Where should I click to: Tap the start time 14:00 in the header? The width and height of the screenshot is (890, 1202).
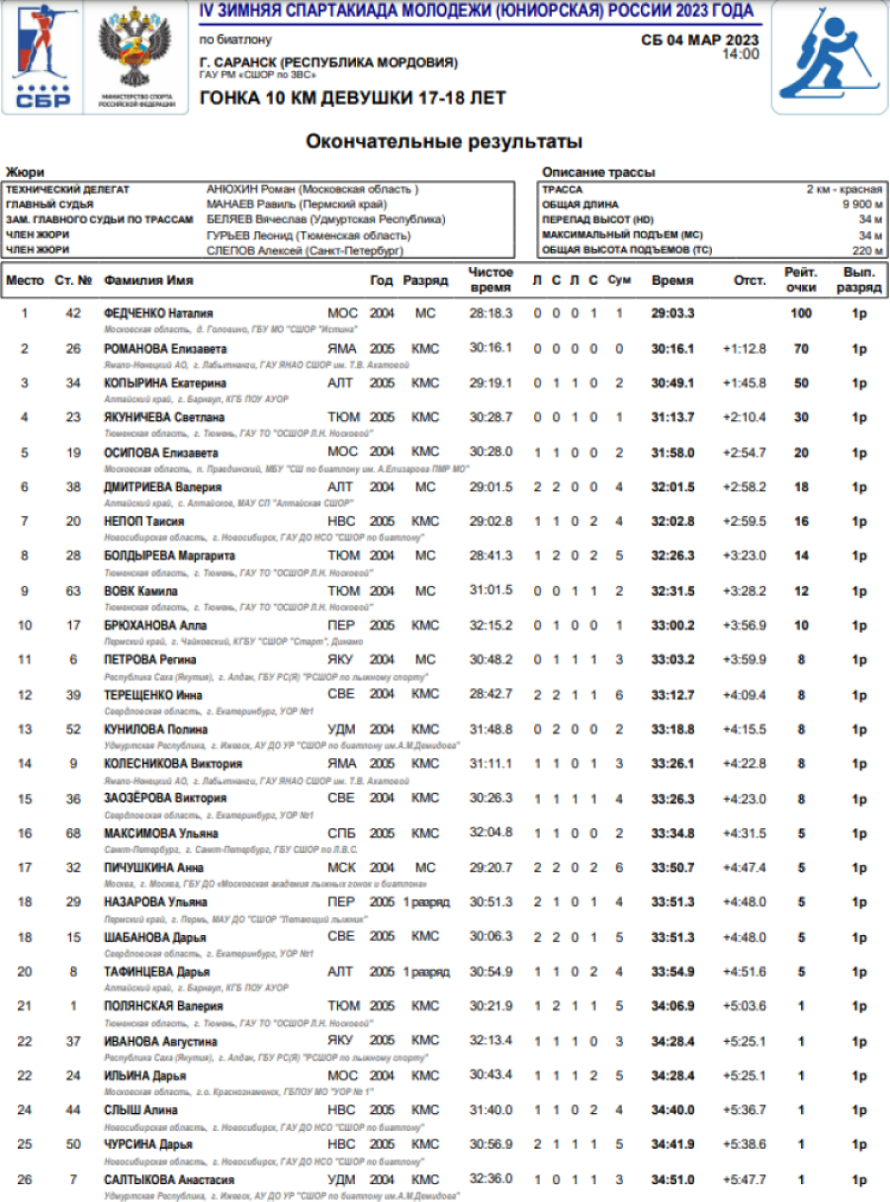[741, 54]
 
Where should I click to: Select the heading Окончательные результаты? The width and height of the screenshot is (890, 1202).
[444, 141]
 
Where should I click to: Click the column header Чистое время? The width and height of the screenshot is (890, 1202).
[491, 280]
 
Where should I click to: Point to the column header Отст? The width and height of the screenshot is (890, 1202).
[750, 280]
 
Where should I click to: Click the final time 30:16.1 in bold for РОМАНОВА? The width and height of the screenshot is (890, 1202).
[672, 348]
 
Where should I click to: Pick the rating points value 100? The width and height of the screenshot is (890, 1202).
[801, 313]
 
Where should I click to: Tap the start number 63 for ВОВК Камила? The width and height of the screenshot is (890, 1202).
[72, 590]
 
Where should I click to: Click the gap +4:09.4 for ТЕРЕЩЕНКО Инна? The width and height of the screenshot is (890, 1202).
[744, 694]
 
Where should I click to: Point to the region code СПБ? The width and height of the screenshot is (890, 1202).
[342, 832]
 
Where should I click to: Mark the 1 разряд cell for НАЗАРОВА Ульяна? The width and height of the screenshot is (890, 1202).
[425, 901]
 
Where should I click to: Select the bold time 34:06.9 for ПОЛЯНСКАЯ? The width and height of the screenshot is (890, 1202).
[672, 1005]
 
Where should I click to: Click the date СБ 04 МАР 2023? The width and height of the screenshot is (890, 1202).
[700, 40]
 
